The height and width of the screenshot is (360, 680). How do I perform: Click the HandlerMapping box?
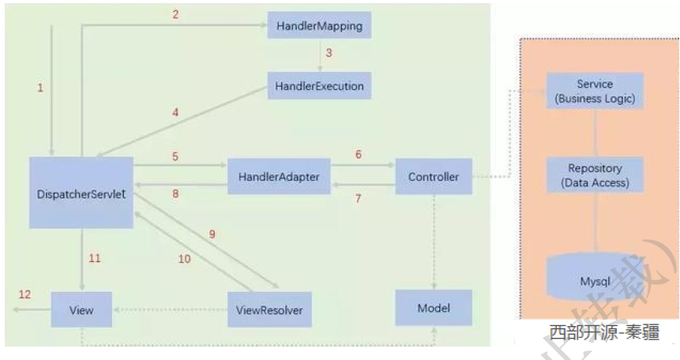[x=319, y=26]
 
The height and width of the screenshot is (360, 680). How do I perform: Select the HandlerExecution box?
[x=320, y=86]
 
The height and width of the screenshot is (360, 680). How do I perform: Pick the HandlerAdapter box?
[x=279, y=177]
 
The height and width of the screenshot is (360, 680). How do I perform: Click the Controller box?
[x=433, y=177]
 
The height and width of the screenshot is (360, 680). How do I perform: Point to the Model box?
[x=433, y=307]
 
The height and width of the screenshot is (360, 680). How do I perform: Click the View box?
[x=81, y=309]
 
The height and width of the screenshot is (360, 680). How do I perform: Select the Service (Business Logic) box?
[x=595, y=92]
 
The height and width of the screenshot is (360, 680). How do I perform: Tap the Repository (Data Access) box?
[x=595, y=175]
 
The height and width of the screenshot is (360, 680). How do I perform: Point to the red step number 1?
[x=40, y=88]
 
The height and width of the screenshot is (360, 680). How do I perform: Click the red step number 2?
[x=176, y=13]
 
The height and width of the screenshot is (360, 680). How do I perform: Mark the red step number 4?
[x=175, y=113]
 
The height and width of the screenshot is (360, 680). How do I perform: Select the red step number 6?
[x=358, y=155]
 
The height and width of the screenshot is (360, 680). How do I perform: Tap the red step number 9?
[x=212, y=234]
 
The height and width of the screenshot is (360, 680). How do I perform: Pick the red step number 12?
[x=25, y=294]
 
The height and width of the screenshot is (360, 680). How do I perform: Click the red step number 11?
[x=95, y=258]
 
